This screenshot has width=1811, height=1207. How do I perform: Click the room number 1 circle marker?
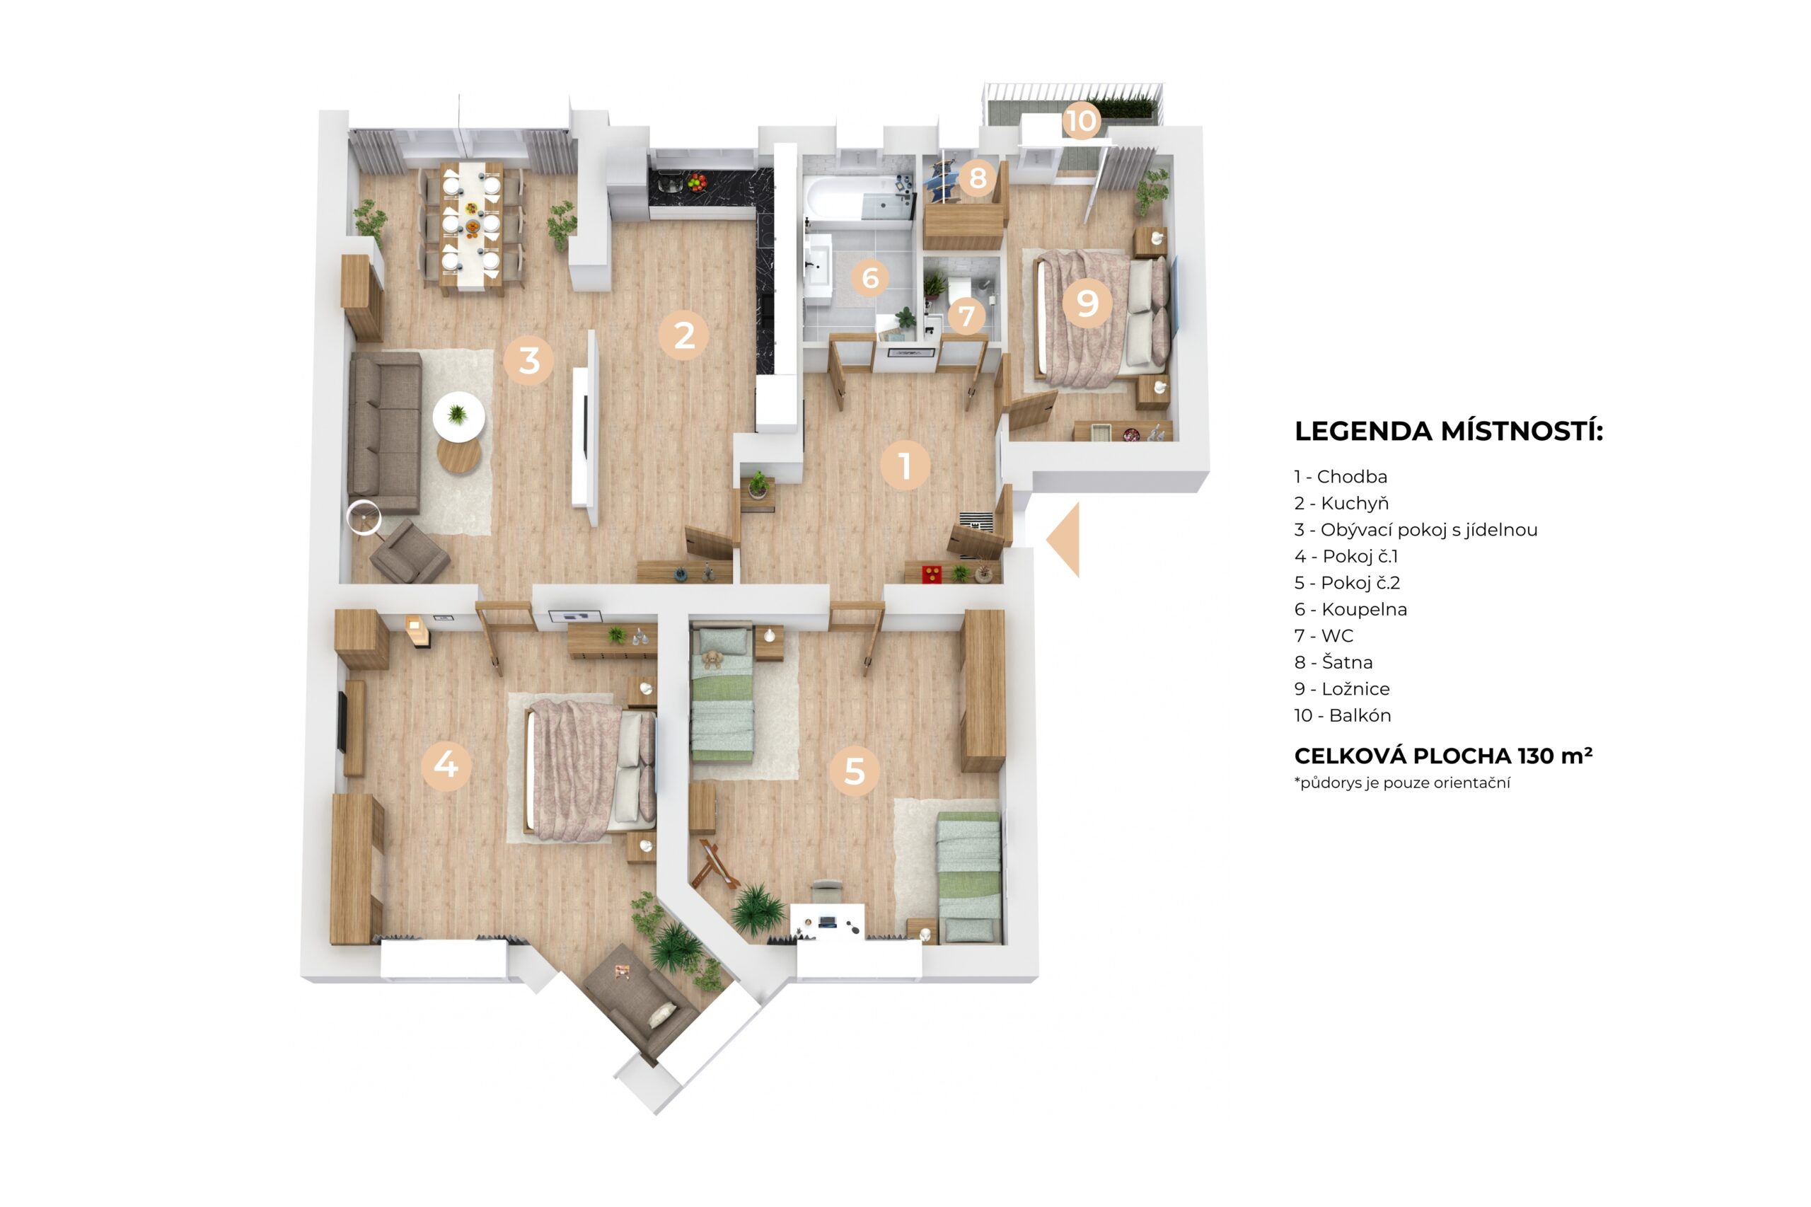click(x=904, y=465)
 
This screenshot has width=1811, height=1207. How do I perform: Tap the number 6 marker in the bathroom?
click(x=869, y=277)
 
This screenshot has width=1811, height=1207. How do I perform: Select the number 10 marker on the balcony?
click(x=1081, y=120)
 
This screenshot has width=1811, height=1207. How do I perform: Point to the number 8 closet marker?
click(x=978, y=178)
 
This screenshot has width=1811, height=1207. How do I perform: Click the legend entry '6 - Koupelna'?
click(x=1350, y=609)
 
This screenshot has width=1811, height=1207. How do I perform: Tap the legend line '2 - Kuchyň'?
click(x=1341, y=502)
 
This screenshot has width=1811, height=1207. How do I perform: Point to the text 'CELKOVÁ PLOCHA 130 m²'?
click(x=1442, y=756)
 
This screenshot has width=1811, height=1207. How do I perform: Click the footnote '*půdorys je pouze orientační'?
click(x=1401, y=784)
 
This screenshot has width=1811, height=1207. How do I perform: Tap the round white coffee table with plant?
click(x=458, y=417)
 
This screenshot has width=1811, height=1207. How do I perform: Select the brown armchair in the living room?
click(x=409, y=551)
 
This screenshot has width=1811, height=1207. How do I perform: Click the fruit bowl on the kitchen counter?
click(x=697, y=182)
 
